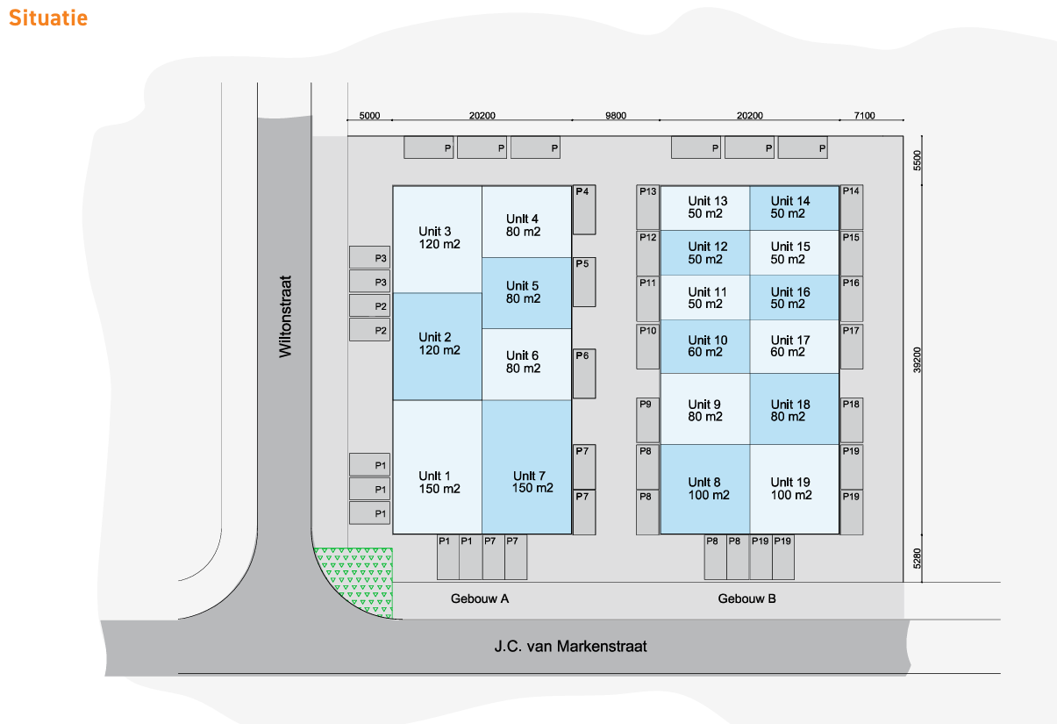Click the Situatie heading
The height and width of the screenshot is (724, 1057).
(48, 18)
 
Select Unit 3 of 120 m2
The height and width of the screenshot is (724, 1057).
(437, 238)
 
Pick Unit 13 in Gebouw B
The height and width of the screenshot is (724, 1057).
(705, 207)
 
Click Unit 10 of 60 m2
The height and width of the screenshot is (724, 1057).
(705, 346)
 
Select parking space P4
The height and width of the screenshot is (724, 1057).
(584, 210)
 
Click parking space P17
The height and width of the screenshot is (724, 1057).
(851, 346)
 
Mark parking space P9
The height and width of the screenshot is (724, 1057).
(648, 419)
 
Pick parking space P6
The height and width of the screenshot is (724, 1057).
(584, 373)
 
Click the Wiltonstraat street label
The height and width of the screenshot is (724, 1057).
(284, 317)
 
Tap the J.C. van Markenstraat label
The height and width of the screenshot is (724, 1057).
(570, 647)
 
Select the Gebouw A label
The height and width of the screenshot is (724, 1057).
(480, 599)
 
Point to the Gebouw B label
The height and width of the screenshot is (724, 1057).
(746, 599)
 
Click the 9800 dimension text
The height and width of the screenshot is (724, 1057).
(616, 115)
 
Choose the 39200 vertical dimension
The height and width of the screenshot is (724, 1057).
(918, 357)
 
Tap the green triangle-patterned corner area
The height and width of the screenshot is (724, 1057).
(356, 579)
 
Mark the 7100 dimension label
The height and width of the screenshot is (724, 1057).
(864, 115)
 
